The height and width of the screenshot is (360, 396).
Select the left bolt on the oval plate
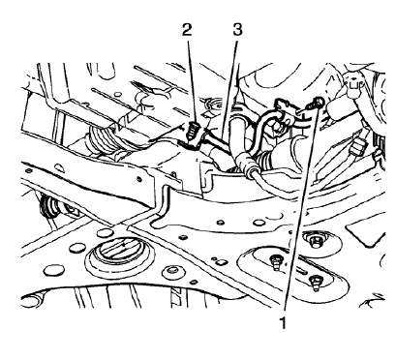pos(276,260)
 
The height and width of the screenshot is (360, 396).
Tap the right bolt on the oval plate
pos(317,282)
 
